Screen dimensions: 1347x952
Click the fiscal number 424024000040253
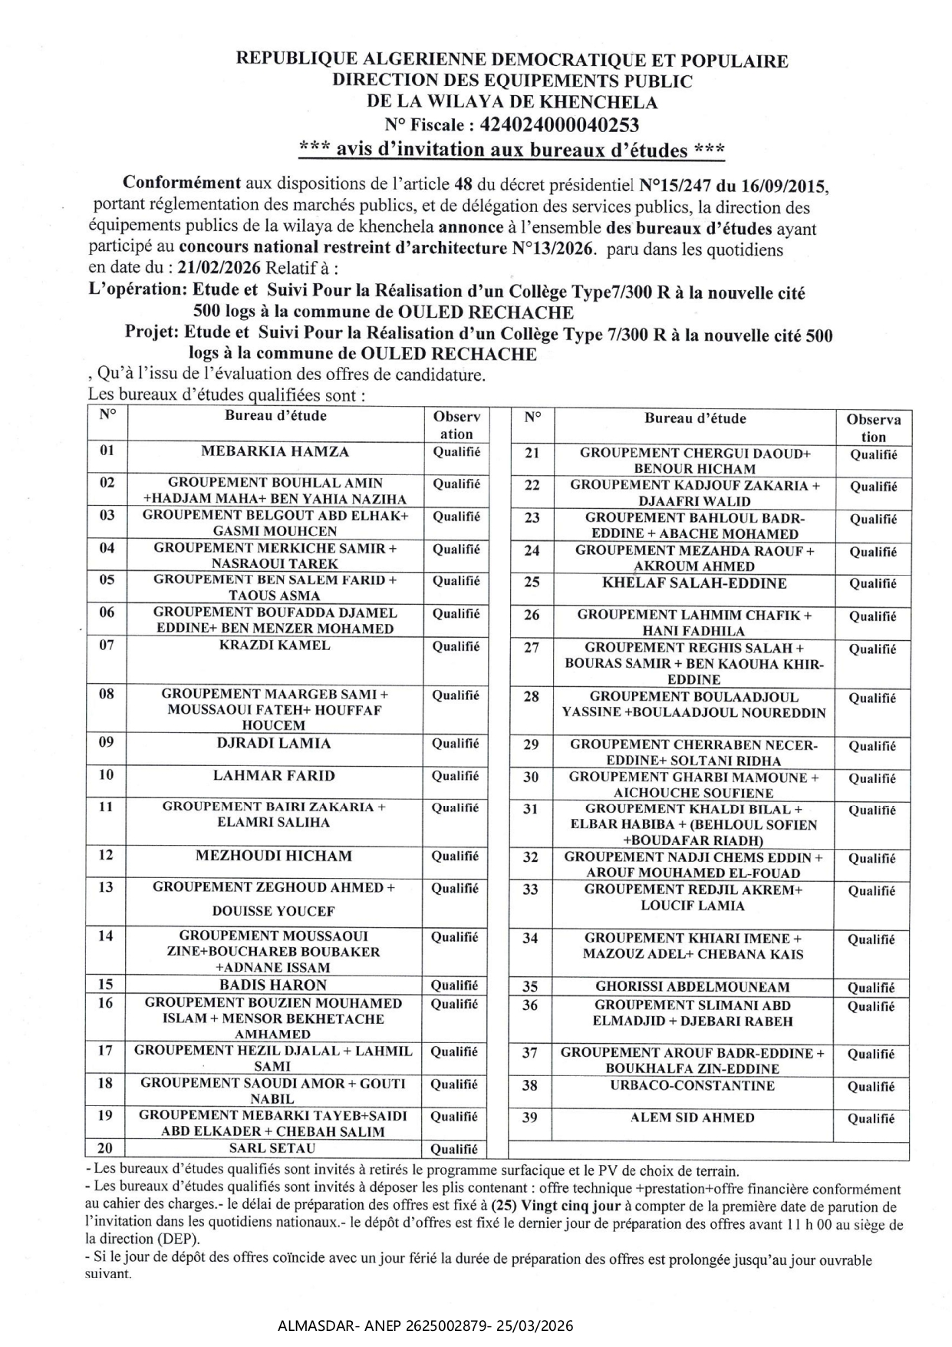558,124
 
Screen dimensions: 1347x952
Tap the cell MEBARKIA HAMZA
275,451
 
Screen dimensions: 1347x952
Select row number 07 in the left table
107,645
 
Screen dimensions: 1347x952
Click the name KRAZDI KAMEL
275,645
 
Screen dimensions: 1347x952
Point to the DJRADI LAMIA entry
275,743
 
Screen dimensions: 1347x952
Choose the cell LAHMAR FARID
274,775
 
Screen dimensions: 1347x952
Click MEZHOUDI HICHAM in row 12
274,856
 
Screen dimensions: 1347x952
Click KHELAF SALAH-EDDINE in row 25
694,583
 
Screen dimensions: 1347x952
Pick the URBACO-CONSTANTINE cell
693,1085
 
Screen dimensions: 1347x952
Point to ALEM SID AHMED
693,1118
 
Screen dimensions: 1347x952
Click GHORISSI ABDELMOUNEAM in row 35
693,987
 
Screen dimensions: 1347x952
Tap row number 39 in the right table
530,1118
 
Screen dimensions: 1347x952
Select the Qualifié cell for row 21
873,454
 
